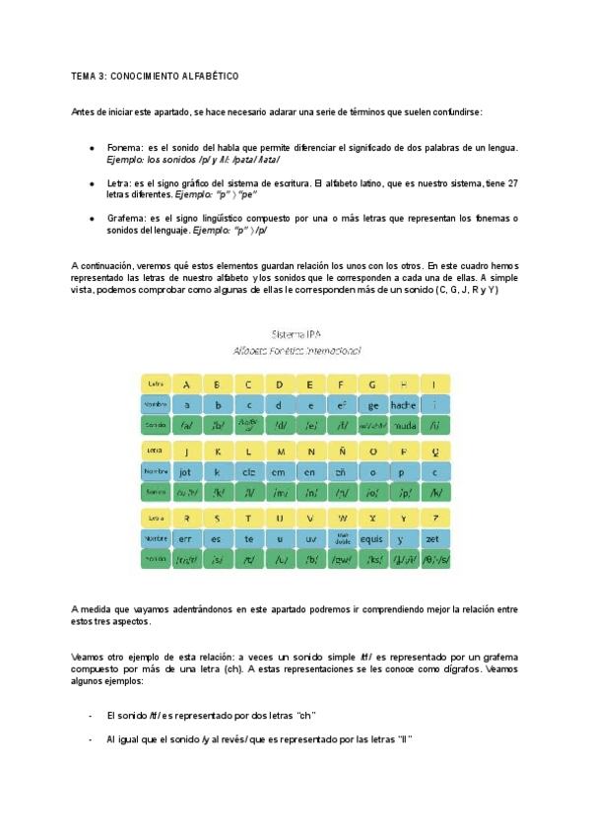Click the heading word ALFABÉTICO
pyautogui.click(x=206, y=76)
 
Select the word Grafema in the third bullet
pyautogui.click(x=125, y=218)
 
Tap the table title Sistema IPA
pyautogui.click(x=296, y=333)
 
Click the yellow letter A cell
pyautogui.click(x=185, y=383)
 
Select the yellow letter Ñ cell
pyautogui.click(x=342, y=451)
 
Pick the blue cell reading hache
pyautogui.click(x=404, y=404)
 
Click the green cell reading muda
pyautogui.click(x=404, y=426)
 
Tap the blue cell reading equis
pyautogui.click(x=372, y=538)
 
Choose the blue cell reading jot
pyautogui.click(x=185, y=471)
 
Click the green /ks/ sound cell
pyautogui.click(x=372, y=560)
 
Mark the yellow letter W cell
pyautogui.click(x=342, y=518)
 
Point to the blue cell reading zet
pyautogui.click(x=434, y=538)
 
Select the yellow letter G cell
pyautogui.click(x=372, y=383)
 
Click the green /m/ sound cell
pyautogui.click(x=279, y=492)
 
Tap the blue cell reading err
pyautogui.click(x=185, y=538)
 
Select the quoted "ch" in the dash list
pyautogui.click(x=305, y=716)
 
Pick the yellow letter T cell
pyautogui.click(x=248, y=518)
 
